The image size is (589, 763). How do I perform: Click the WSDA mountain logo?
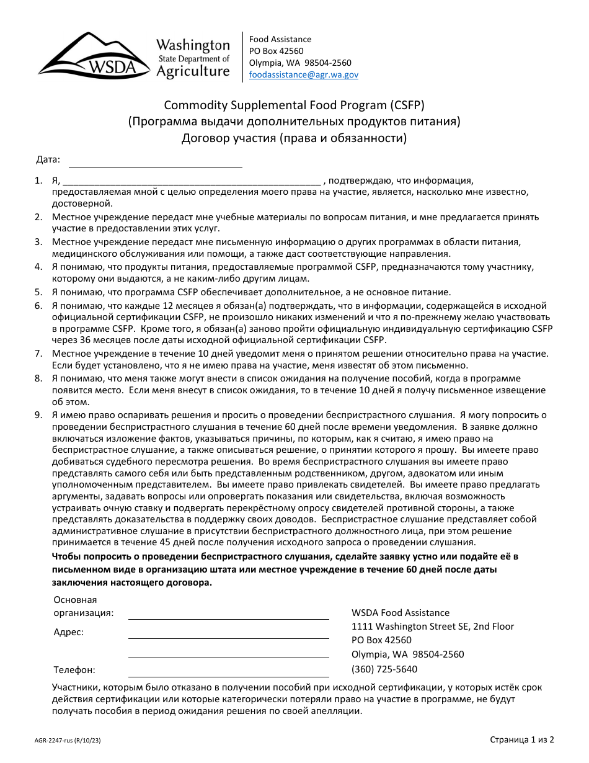click(x=93, y=56)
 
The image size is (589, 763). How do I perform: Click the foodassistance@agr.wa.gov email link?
click(x=303, y=74)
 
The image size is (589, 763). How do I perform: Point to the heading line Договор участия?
click(x=294, y=138)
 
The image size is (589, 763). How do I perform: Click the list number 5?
click(x=38, y=292)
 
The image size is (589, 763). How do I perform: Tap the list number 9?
click(x=38, y=415)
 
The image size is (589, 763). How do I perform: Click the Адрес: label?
click(x=68, y=632)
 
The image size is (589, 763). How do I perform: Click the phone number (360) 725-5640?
click(x=384, y=669)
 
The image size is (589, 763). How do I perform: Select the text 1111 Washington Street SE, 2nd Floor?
click(x=432, y=627)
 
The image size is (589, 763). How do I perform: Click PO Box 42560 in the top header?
click(x=276, y=51)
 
